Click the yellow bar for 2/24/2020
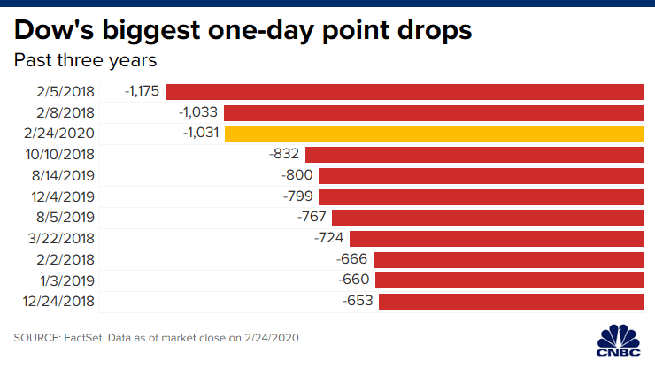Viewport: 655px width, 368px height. (434, 134)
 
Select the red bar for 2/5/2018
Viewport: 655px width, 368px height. (405, 91)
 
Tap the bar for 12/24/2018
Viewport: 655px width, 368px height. (511, 302)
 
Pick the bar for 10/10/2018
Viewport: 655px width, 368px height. (474, 154)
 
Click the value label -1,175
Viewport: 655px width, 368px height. (142, 91)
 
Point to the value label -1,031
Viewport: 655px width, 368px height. (200, 134)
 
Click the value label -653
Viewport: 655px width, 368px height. (358, 302)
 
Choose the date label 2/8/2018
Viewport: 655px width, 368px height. (65, 112)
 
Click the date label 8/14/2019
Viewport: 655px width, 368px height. (62, 175)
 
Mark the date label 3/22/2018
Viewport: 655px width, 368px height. (62, 238)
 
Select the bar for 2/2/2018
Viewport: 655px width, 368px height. (508, 259)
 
